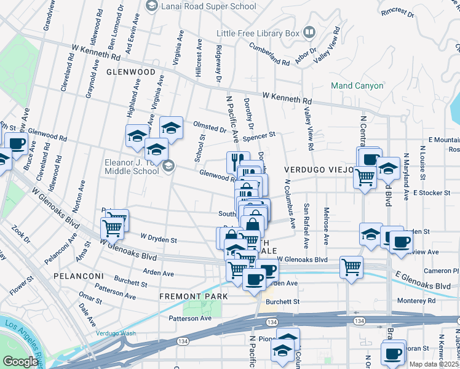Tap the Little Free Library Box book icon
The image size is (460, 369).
click(309, 32)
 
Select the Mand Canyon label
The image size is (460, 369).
click(357, 85)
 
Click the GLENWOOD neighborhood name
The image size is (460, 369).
click(130, 72)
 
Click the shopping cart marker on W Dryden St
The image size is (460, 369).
click(113, 228)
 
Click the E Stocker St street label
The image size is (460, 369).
click(432, 193)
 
